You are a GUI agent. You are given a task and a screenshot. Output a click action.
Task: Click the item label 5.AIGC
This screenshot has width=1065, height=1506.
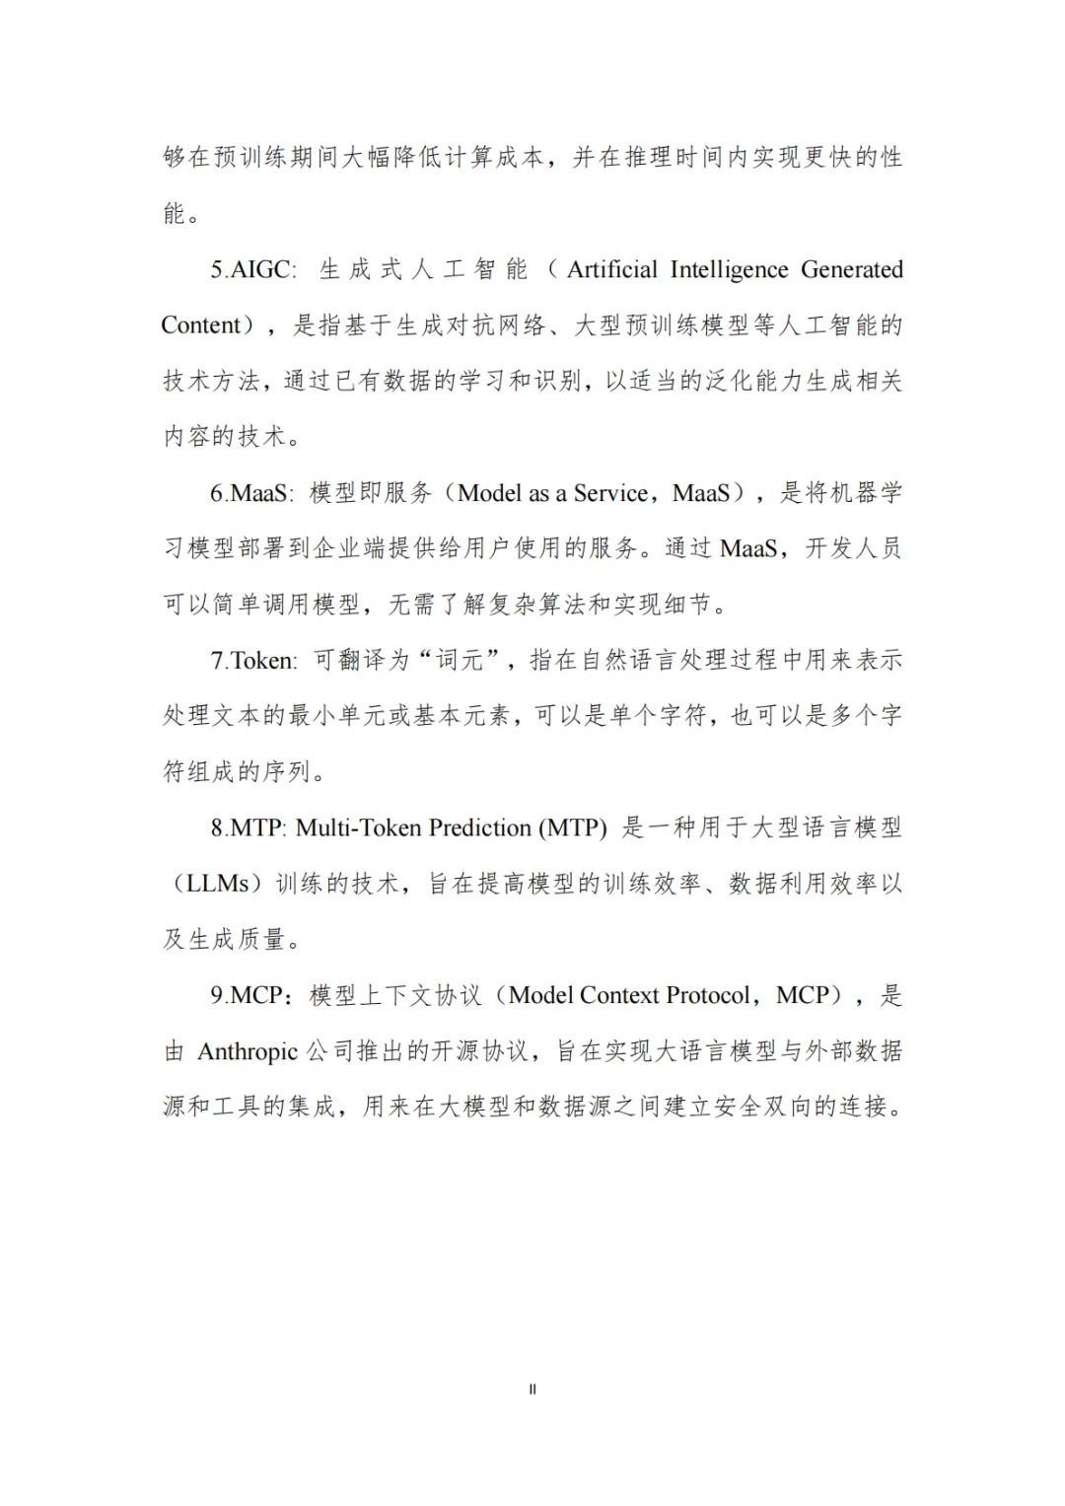point(251,269)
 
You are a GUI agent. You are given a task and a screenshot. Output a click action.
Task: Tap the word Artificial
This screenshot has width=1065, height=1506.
point(611,269)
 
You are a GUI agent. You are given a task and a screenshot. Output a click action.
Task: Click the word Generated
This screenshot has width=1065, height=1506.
point(851,269)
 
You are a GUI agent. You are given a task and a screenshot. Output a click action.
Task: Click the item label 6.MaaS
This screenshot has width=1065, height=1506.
point(250,493)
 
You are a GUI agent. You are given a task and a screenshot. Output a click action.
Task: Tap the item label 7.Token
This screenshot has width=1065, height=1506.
point(252,661)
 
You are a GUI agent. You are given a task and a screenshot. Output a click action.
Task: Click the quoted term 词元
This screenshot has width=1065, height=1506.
point(461,661)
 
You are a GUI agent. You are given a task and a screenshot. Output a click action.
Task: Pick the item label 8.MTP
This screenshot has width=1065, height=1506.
point(248,828)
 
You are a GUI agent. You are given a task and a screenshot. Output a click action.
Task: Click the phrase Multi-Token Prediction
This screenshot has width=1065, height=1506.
point(413,828)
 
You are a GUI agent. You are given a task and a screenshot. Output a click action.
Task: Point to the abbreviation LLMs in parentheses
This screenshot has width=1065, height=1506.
point(218,884)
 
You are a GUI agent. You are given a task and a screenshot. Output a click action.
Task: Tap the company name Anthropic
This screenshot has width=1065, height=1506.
point(248,1052)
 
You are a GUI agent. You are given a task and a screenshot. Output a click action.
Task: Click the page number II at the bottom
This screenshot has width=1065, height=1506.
point(532,1390)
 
